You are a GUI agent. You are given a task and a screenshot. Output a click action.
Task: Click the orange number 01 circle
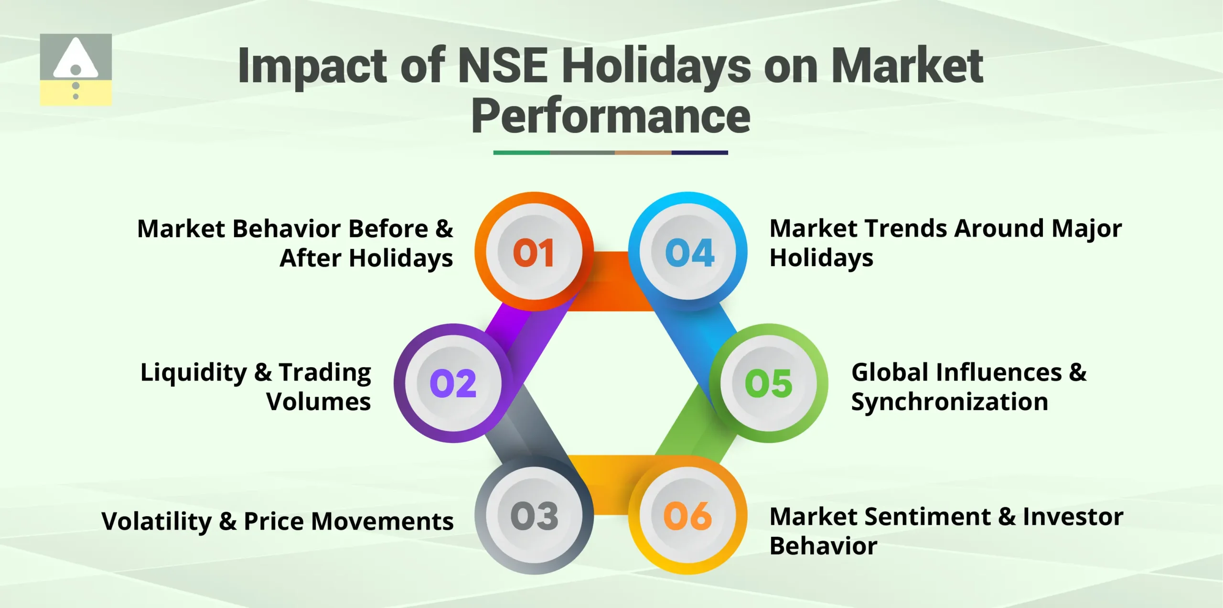(x=534, y=252)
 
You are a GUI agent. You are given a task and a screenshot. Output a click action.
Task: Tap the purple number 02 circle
(x=453, y=383)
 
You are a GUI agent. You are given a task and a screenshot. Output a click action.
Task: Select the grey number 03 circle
(x=534, y=515)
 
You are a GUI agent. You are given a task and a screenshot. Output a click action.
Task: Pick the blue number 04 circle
(x=688, y=252)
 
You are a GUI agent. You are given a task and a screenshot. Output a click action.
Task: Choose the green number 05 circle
(x=769, y=383)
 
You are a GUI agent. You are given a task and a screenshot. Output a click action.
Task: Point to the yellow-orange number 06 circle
(x=688, y=515)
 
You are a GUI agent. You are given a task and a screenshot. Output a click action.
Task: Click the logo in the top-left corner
(x=76, y=69)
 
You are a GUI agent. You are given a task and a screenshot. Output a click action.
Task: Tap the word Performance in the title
(x=611, y=116)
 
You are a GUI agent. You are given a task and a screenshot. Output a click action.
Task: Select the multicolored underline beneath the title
(x=611, y=152)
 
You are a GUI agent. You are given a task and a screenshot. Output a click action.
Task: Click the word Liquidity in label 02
(x=193, y=373)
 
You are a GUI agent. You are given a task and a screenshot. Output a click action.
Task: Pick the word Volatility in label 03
(x=156, y=521)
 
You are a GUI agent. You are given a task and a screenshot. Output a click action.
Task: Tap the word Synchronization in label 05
(x=949, y=402)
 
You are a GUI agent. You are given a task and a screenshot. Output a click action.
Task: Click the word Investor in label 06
(x=1073, y=517)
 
